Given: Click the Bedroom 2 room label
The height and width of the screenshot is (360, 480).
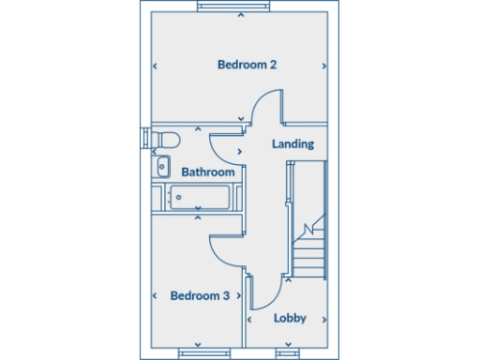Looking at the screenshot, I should click(x=247, y=65).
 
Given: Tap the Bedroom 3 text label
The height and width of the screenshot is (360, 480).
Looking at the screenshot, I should click(x=200, y=295).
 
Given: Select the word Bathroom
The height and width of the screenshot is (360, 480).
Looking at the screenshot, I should click(x=207, y=172).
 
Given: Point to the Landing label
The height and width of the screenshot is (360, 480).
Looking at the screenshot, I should click(x=292, y=144).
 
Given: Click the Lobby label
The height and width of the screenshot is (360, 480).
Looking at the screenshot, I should click(x=290, y=318).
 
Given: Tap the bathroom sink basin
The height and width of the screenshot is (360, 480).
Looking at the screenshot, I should click(x=162, y=168).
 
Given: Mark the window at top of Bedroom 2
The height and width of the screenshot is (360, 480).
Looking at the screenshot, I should click(x=241, y=6).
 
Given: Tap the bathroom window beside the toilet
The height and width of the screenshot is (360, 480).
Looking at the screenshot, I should click(x=144, y=138).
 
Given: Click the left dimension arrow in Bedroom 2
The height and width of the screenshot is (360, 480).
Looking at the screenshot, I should click(x=155, y=66).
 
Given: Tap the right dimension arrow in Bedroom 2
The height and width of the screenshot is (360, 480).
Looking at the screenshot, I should click(x=323, y=66).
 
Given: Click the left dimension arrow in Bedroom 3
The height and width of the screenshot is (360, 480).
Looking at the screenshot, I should click(x=155, y=295).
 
